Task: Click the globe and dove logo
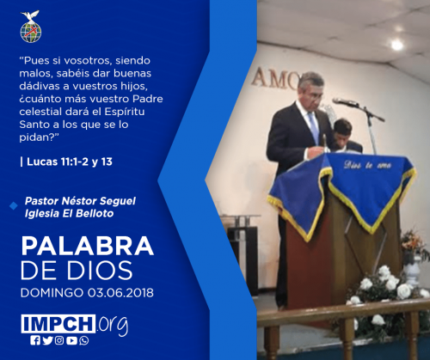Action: point(31,27)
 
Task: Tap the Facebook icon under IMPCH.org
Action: point(35,340)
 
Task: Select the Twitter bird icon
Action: point(47,340)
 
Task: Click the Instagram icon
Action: point(59,340)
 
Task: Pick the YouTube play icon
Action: point(71,340)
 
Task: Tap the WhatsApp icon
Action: point(84,340)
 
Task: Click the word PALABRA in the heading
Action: point(88,246)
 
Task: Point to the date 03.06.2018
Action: point(120,293)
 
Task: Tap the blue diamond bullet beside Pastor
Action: point(14,206)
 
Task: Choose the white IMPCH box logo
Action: point(58,324)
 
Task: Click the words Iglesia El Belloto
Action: point(69,214)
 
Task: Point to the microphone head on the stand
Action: point(345,101)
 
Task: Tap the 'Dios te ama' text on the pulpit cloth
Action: point(367,165)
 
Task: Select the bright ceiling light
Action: point(397,45)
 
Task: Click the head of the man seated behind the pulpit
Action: point(343,131)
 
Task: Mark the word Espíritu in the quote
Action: point(124,112)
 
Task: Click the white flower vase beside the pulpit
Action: point(412,270)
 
